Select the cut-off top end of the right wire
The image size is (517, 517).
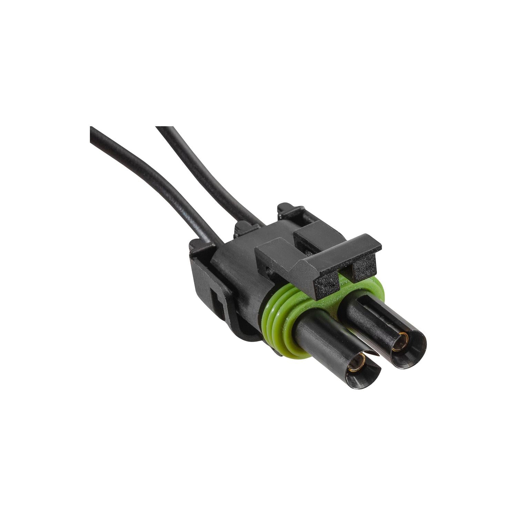click(x=162, y=129)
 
